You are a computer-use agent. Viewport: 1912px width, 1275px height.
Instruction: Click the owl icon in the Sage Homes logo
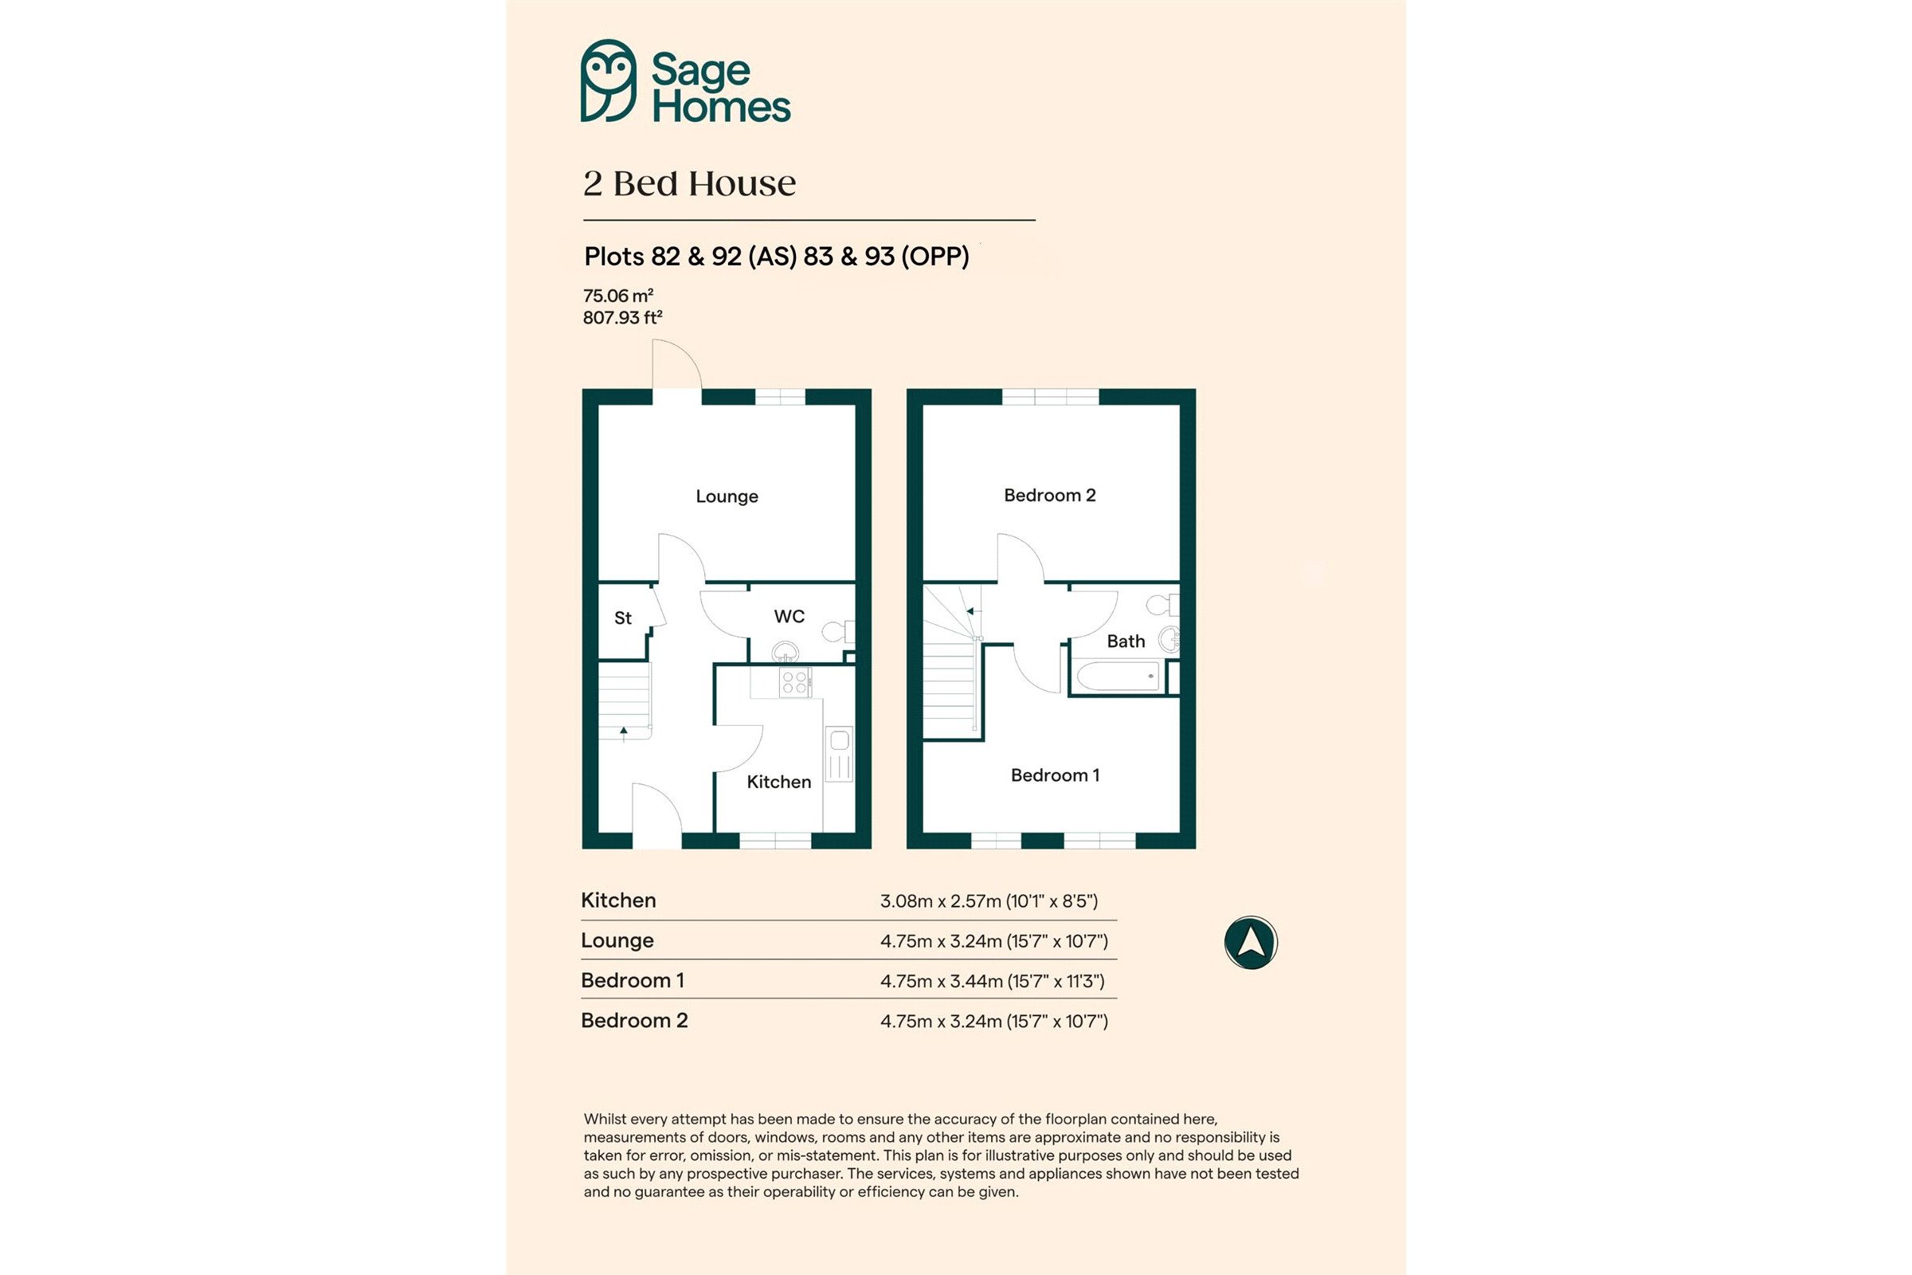(608, 80)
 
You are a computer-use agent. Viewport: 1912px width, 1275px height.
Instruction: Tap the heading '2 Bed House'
(689, 184)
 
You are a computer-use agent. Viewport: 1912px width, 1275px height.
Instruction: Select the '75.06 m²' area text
(618, 295)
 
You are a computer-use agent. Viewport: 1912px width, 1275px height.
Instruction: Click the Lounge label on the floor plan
(727, 496)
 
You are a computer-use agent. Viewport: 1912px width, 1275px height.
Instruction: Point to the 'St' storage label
(623, 618)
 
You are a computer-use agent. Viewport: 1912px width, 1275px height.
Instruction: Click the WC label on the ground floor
(789, 616)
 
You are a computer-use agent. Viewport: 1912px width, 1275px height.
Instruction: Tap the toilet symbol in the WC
(838, 631)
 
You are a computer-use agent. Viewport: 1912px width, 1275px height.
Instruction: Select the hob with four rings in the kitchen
(795, 682)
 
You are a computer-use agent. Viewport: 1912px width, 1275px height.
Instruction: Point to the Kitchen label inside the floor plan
(779, 783)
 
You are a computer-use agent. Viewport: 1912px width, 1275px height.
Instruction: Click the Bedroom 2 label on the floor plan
(1049, 495)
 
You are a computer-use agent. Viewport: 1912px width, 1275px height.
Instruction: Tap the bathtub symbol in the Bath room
(1118, 677)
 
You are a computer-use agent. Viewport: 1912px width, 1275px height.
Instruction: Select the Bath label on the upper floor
(1126, 641)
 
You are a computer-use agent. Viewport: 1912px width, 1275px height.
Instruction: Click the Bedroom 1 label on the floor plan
(1055, 775)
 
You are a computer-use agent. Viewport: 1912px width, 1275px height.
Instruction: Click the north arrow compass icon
(1251, 943)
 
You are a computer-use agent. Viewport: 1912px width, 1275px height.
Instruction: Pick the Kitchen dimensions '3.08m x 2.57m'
(941, 901)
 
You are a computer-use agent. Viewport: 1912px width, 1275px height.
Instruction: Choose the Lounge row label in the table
(617, 941)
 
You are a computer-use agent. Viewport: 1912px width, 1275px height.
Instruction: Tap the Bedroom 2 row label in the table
(634, 1021)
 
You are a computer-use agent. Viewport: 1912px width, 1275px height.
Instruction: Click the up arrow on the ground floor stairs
(624, 734)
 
